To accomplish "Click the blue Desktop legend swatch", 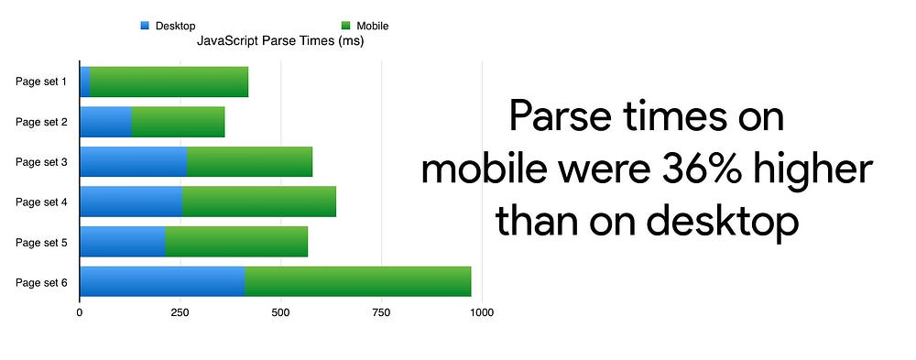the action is click(x=145, y=26).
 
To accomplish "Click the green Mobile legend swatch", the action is click(x=346, y=26).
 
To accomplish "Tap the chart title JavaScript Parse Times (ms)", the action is click(x=280, y=41).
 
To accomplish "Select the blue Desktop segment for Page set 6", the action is click(x=162, y=282).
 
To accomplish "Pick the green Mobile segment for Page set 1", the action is click(x=169, y=82).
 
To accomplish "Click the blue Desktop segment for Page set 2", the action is click(x=105, y=122).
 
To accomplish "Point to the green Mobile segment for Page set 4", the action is click(x=259, y=202).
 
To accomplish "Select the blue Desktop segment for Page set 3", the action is click(x=134, y=162).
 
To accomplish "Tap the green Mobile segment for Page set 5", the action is click(x=236, y=241).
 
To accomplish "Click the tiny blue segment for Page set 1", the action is click(x=85, y=82).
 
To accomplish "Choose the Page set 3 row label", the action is click(x=41, y=162).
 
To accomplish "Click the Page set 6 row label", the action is click(x=41, y=283).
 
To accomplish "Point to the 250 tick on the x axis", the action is click(x=180, y=312).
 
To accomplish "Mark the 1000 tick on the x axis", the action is click(x=483, y=312).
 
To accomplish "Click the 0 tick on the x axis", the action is click(x=80, y=312).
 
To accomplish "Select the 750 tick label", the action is click(x=381, y=312).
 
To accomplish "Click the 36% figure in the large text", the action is click(x=706, y=170).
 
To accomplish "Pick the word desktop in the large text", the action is click(x=722, y=222).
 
